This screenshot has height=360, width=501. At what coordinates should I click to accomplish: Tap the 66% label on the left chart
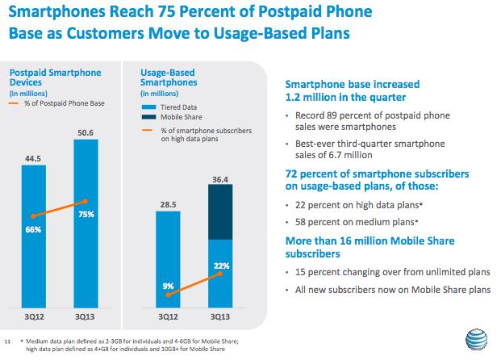click(33, 229)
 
